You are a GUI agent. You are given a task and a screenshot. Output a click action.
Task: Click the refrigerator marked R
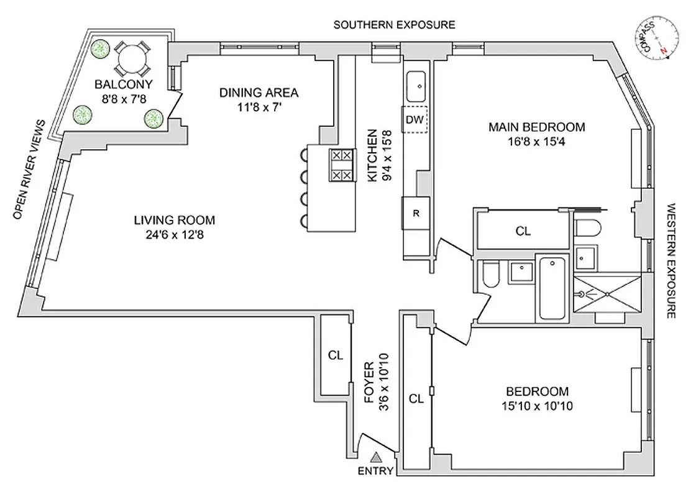tap(416, 213)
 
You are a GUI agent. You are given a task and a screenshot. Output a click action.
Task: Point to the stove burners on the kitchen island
tap(341, 165)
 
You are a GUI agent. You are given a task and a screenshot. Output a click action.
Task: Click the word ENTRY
tap(375, 471)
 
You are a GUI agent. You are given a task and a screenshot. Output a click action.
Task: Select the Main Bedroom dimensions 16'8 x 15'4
tap(536, 141)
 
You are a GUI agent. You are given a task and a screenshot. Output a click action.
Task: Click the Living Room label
tap(175, 220)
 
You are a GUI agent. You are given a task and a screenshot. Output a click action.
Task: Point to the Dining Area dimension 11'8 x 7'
tap(259, 106)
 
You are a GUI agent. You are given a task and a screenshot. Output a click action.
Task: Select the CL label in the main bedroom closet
tap(523, 231)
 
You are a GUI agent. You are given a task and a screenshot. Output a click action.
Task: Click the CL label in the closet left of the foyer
tap(336, 355)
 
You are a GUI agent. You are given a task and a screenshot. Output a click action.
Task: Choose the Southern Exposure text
tap(394, 25)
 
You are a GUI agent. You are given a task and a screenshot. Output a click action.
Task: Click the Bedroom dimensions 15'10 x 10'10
tap(537, 406)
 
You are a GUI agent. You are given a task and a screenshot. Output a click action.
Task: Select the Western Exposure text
tap(671, 261)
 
